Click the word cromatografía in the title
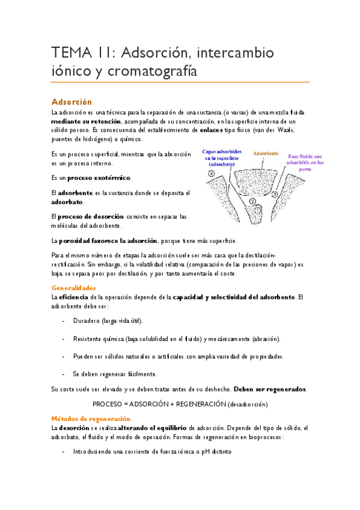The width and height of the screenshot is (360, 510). click(148, 70)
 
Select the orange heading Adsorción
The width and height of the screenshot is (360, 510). click(72, 102)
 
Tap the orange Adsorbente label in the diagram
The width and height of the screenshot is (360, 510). click(266, 154)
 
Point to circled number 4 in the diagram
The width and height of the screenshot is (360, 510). click(195, 173)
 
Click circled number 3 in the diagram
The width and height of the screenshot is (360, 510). click(275, 194)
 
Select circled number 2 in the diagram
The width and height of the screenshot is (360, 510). click(252, 201)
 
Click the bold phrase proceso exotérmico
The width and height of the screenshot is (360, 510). click(99, 178)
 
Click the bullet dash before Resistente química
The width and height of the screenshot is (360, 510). click(64, 339)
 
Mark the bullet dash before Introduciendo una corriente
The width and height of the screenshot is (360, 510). click(64, 451)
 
